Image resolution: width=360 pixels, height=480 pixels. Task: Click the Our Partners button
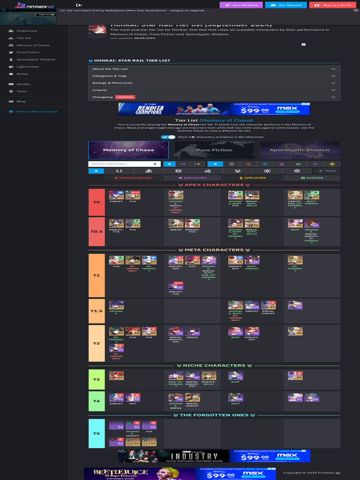(x=241, y=5)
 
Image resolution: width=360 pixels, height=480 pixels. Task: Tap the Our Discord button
(x=286, y=5)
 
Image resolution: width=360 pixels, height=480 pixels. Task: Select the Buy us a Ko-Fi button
(x=331, y=5)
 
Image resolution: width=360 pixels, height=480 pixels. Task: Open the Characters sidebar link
(x=27, y=31)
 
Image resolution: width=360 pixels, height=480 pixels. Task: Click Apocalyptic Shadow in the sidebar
(x=36, y=60)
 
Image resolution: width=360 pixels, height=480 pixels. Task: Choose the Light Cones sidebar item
(x=28, y=67)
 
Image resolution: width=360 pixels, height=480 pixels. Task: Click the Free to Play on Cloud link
(x=37, y=112)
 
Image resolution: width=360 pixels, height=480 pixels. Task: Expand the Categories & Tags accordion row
(x=214, y=76)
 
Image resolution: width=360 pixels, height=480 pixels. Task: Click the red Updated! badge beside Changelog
(x=125, y=97)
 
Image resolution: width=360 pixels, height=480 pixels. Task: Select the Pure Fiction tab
(x=214, y=150)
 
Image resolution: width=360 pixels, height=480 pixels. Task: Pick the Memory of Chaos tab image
(x=128, y=150)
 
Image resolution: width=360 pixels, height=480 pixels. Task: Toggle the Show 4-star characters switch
(x=168, y=137)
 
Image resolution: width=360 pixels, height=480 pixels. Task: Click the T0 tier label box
(x=97, y=202)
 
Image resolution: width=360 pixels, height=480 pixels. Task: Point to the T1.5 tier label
(x=97, y=311)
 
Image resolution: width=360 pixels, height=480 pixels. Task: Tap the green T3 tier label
(x=97, y=379)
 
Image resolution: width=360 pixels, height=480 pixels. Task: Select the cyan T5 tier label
(x=97, y=434)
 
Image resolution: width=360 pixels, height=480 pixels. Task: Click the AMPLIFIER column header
(x=252, y=178)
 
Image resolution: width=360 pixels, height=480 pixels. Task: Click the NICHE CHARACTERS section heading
(x=214, y=366)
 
